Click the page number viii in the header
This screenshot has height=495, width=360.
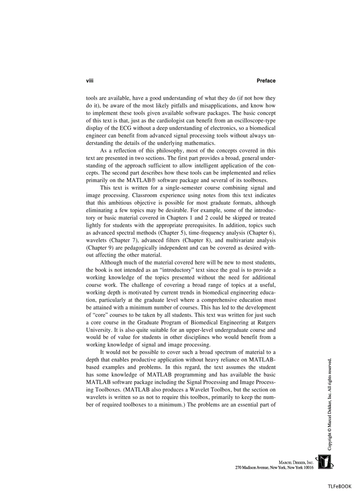(x=90, y=81)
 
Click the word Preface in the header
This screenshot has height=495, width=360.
(x=266, y=81)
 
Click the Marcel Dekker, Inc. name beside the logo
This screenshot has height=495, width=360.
(x=296, y=462)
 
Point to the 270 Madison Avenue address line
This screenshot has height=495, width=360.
(x=274, y=468)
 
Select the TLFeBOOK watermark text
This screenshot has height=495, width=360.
(x=339, y=486)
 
